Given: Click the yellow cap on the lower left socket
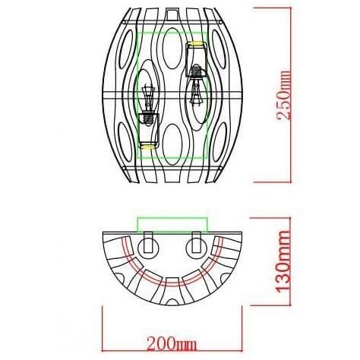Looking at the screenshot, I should [x=147, y=143].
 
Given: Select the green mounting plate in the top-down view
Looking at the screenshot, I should [x=172, y=223].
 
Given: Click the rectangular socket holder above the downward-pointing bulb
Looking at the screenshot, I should [x=196, y=57].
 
